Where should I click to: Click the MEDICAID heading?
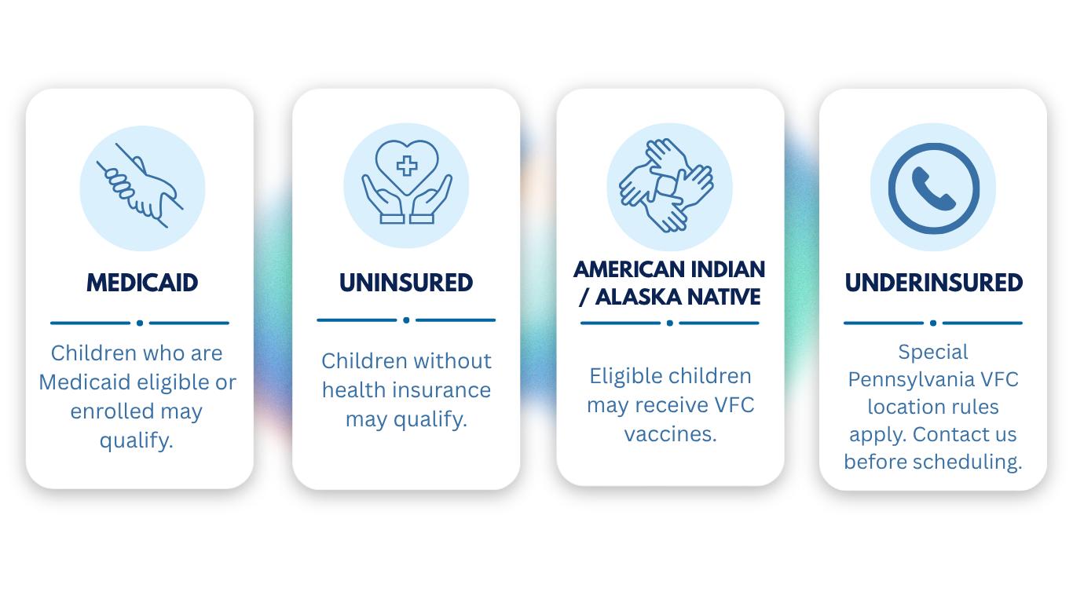[142, 283]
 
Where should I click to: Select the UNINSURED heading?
[406, 283]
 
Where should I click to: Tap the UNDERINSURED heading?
[934, 283]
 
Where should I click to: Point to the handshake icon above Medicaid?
[140, 186]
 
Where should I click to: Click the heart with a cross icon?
[407, 182]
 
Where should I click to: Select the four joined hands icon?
[666, 185]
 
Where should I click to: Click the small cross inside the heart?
[407, 166]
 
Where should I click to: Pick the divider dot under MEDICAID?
[140, 323]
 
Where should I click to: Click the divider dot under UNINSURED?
[406, 320]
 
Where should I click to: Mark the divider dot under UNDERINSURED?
[933, 323]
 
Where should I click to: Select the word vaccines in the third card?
[670, 434]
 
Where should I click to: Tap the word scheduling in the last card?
[968, 462]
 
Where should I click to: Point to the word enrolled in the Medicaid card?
[112, 411]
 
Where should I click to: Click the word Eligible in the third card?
[617, 376]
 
